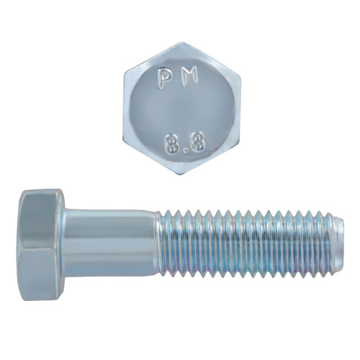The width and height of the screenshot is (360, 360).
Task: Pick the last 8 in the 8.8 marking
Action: point(194,140)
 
